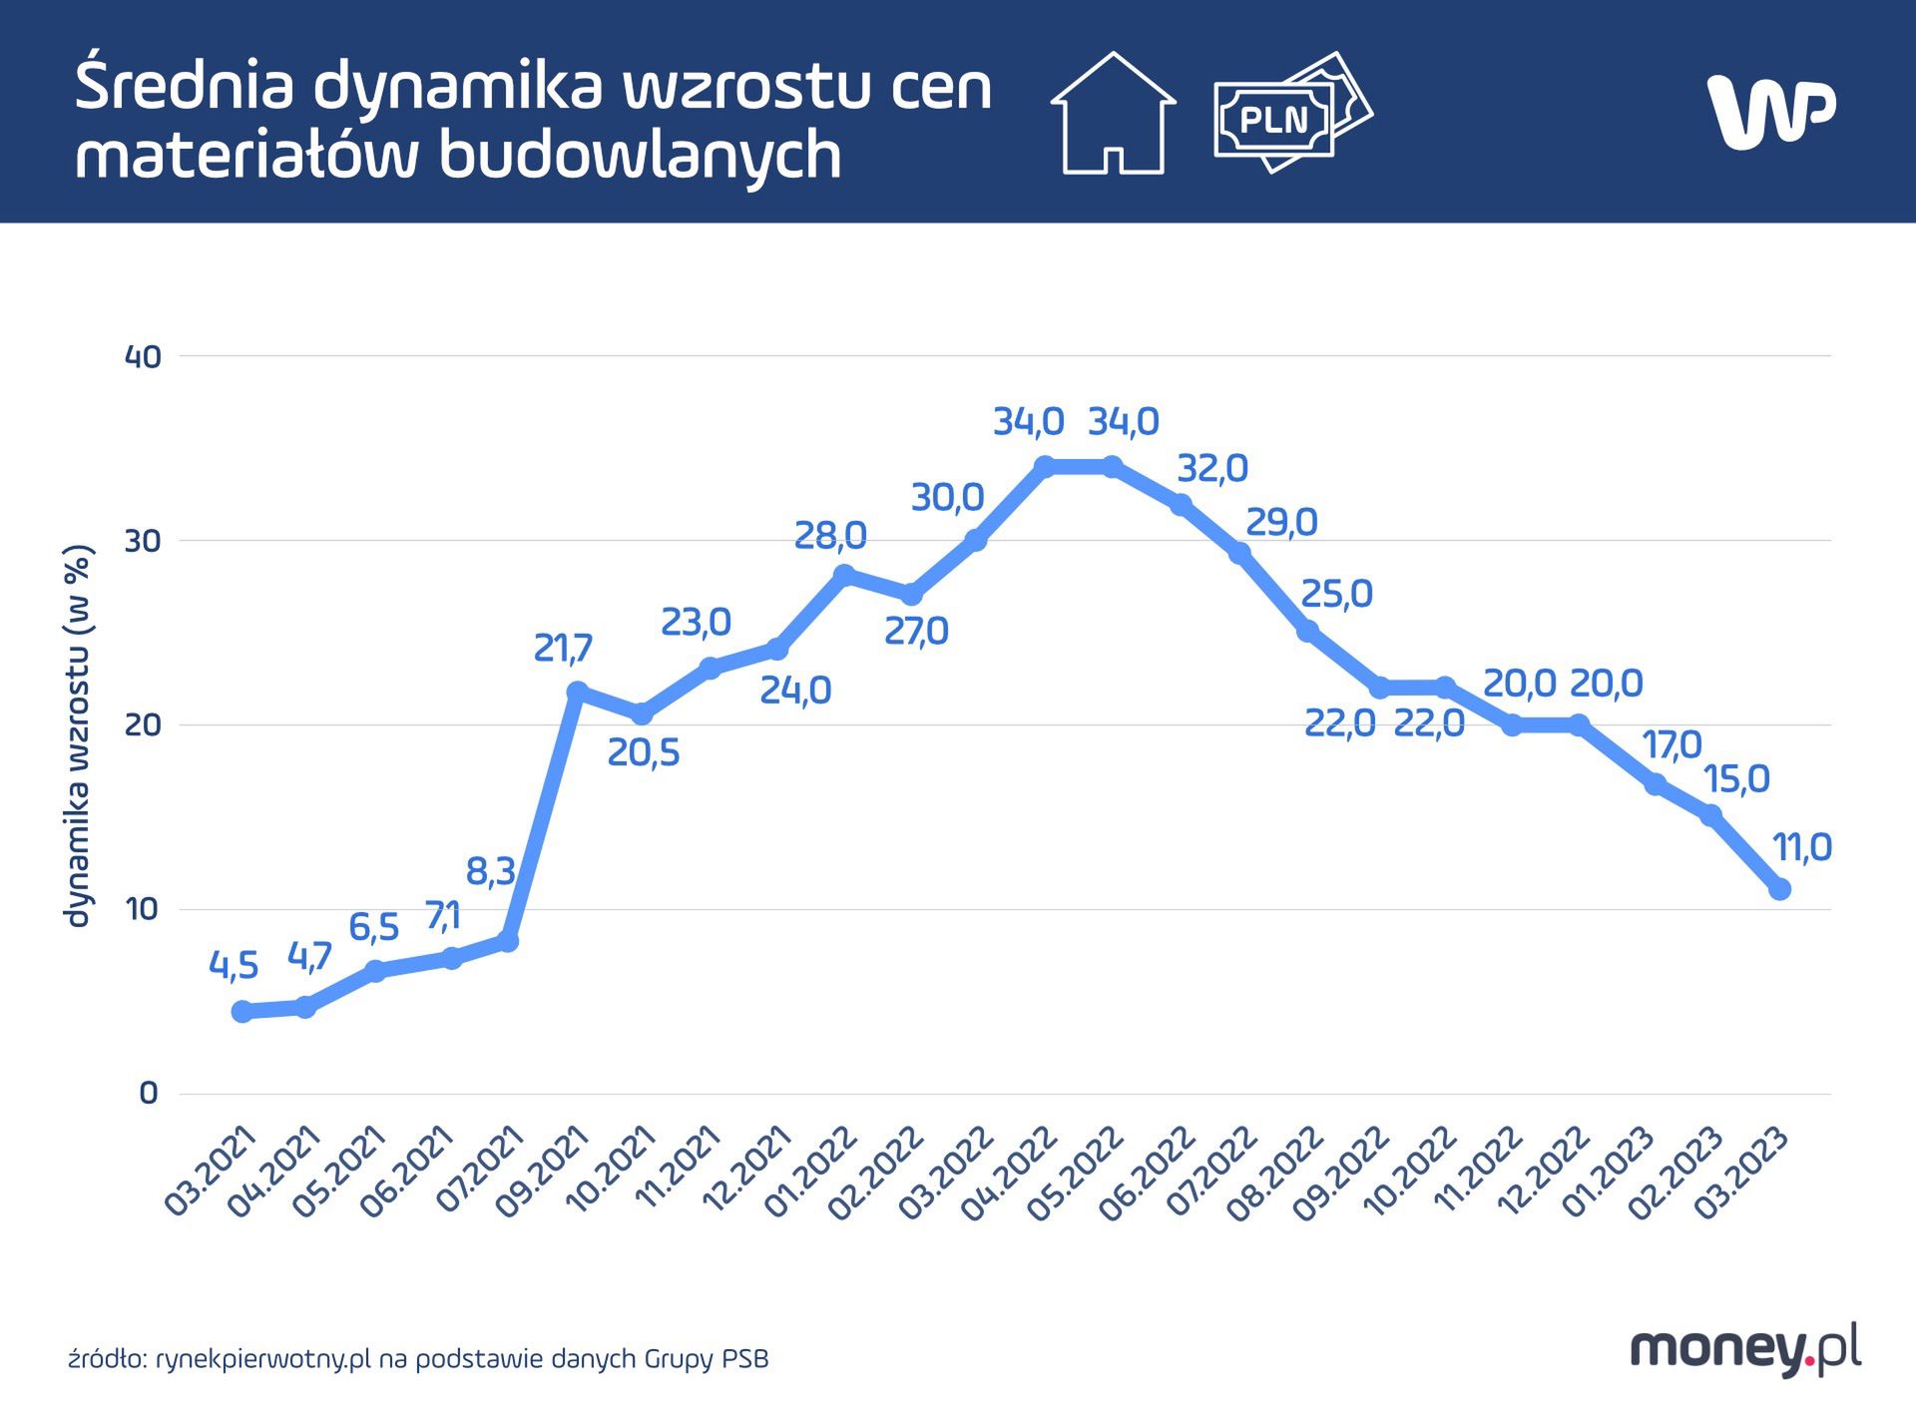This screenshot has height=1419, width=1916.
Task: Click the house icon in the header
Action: click(x=1113, y=114)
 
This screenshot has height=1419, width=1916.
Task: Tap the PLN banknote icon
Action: click(x=1292, y=114)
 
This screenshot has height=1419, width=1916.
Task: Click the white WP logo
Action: click(x=1771, y=110)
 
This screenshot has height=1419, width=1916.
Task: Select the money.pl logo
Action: click(x=1745, y=1349)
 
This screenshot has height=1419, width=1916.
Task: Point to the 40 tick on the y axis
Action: click(x=143, y=357)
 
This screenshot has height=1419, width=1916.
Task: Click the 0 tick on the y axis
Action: click(x=149, y=1094)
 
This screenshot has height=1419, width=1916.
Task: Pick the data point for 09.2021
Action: click(x=577, y=692)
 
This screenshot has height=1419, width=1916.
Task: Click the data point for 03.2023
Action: click(x=1779, y=888)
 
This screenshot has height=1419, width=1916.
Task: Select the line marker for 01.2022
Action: click(x=845, y=575)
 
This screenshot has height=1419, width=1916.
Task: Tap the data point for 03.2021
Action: click(x=241, y=1011)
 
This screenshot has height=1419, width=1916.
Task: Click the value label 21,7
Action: click(x=563, y=649)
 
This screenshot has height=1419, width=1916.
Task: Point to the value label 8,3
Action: click(x=490, y=872)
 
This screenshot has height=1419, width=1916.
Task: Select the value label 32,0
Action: click(x=1212, y=468)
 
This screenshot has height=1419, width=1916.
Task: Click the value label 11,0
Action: click(x=1802, y=848)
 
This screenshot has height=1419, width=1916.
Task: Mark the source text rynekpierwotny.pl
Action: click(x=263, y=1359)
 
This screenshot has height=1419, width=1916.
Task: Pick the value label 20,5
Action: click(x=644, y=753)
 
